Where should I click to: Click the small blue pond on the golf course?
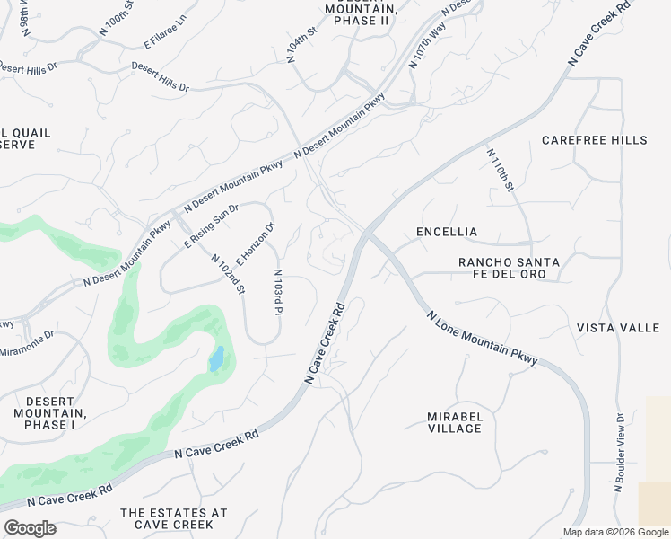click(216, 359)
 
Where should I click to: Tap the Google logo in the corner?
click(30, 528)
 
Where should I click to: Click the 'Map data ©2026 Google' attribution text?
click(615, 532)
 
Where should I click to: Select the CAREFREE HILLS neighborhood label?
click(594, 140)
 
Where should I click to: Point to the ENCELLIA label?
click(447, 232)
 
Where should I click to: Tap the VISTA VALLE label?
click(618, 328)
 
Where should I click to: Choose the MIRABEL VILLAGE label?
click(455, 422)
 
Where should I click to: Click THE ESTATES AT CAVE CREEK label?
click(174, 518)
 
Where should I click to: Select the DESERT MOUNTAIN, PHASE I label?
click(49, 412)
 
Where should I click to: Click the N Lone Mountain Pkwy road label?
click(483, 339)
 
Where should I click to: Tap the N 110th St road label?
click(500, 170)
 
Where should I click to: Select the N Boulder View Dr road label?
click(619, 453)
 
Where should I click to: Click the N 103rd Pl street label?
click(278, 292)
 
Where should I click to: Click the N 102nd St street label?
click(228, 273)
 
